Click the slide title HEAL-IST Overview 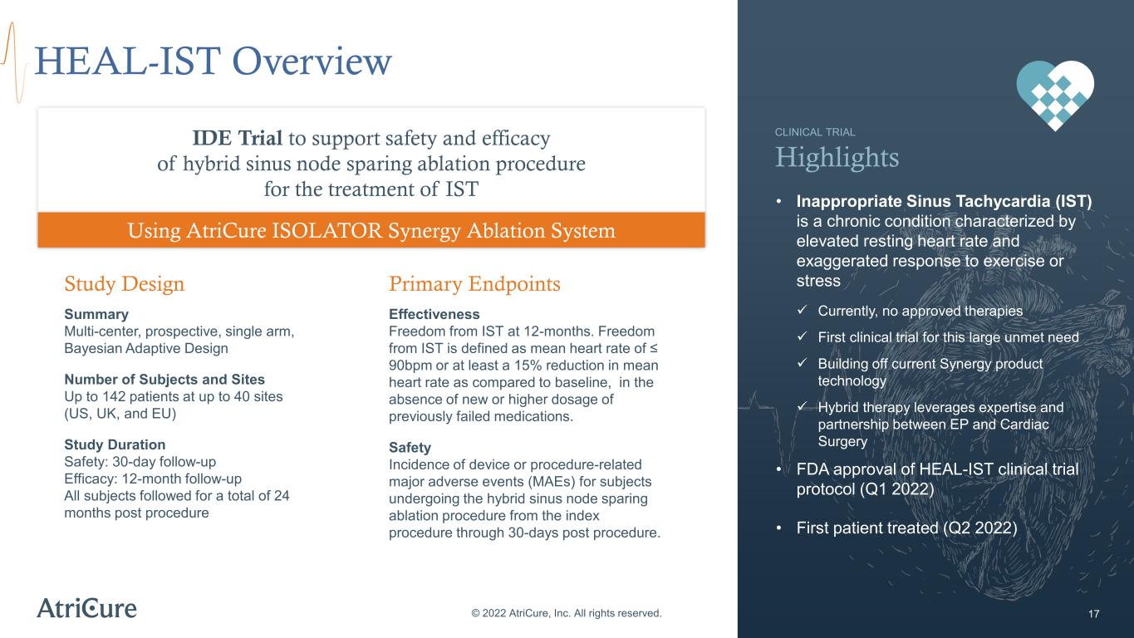pyautogui.click(x=214, y=61)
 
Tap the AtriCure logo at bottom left pyautogui.click(x=86, y=608)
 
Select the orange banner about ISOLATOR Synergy pyautogui.click(x=371, y=230)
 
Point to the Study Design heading pyautogui.click(x=125, y=283)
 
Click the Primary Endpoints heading pyautogui.click(x=474, y=283)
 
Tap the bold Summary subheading pyautogui.click(x=96, y=315)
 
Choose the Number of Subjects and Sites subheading pyautogui.click(x=164, y=380)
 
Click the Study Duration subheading pyautogui.click(x=115, y=444)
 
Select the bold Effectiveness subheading pyautogui.click(x=434, y=315)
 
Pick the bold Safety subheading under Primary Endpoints pyautogui.click(x=410, y=448)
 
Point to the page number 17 pyautogui.click(x=1093, y=614)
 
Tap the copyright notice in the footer pyautogui.click(x=567, y=613)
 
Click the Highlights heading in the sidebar pyautogui.click(x=837, y=158)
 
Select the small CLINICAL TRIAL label pyautogui.click(x=815, y=132)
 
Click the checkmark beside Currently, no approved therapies pyautogui.click(x=802, y=310)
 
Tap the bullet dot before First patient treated pyautogui.click(x=779, y=528)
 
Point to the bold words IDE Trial pyautogui.click(x=238, y=138)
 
